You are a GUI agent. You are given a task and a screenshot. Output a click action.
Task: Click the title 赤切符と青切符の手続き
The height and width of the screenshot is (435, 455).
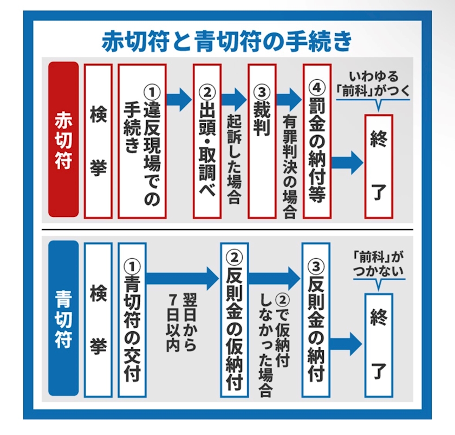[x=227, y=41]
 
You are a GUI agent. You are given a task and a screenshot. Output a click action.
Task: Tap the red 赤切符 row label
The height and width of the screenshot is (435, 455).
[x=63, y=140]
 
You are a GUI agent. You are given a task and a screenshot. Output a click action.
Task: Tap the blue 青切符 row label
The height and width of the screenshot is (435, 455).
[x=63, y=318]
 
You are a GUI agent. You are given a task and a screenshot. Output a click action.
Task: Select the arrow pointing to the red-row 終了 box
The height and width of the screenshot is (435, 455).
[x=347, y=162]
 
